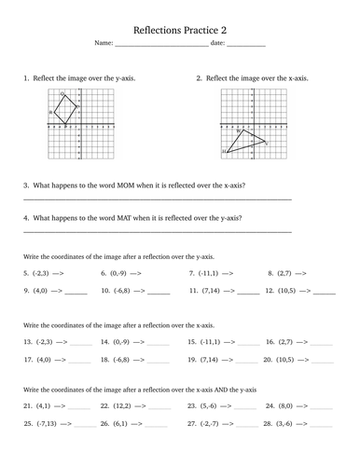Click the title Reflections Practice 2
[x=179, y=29]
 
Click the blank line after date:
[x=246, y=46]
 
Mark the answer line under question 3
[x=156, y=199]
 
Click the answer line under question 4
[x=156, y=231]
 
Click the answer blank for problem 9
[x=76, y=293]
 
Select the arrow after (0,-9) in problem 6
[x=136, y=273]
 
